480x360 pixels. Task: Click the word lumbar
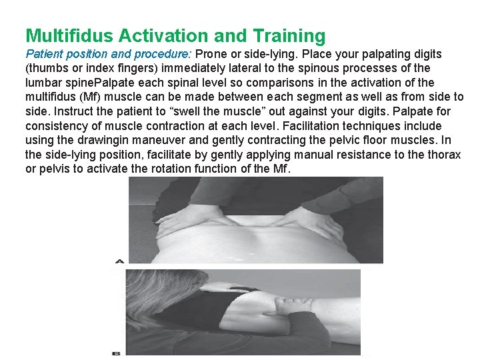tap(43, 83)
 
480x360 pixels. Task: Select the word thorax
tap(444, 155)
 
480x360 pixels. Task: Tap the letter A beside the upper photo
tap(120, 261)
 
